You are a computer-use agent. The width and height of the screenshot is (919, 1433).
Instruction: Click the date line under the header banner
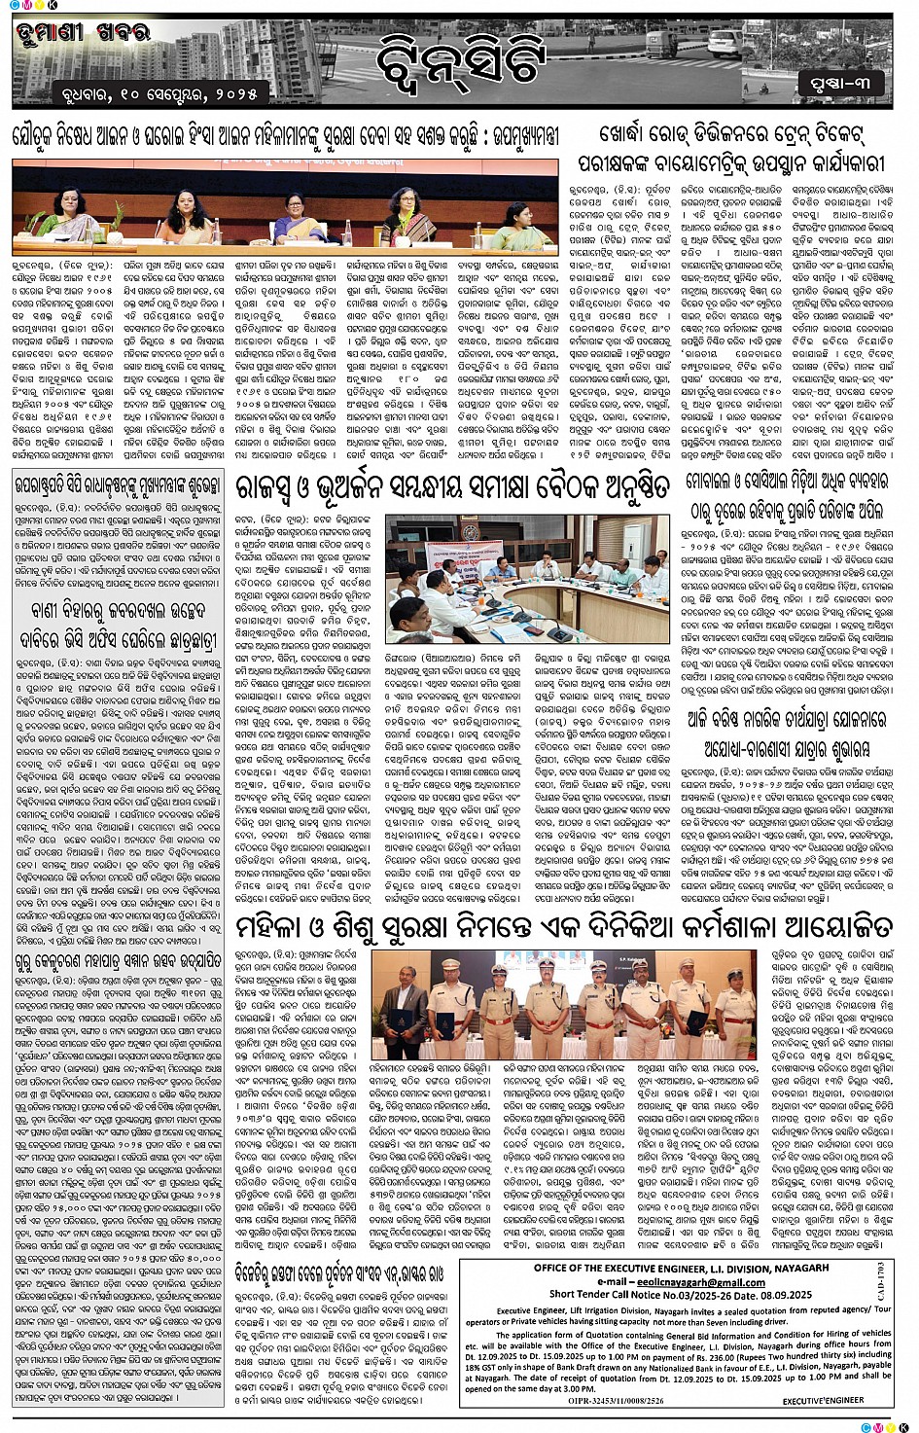[137, 94]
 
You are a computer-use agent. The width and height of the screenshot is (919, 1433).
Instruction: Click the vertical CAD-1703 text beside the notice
[880, 1282]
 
